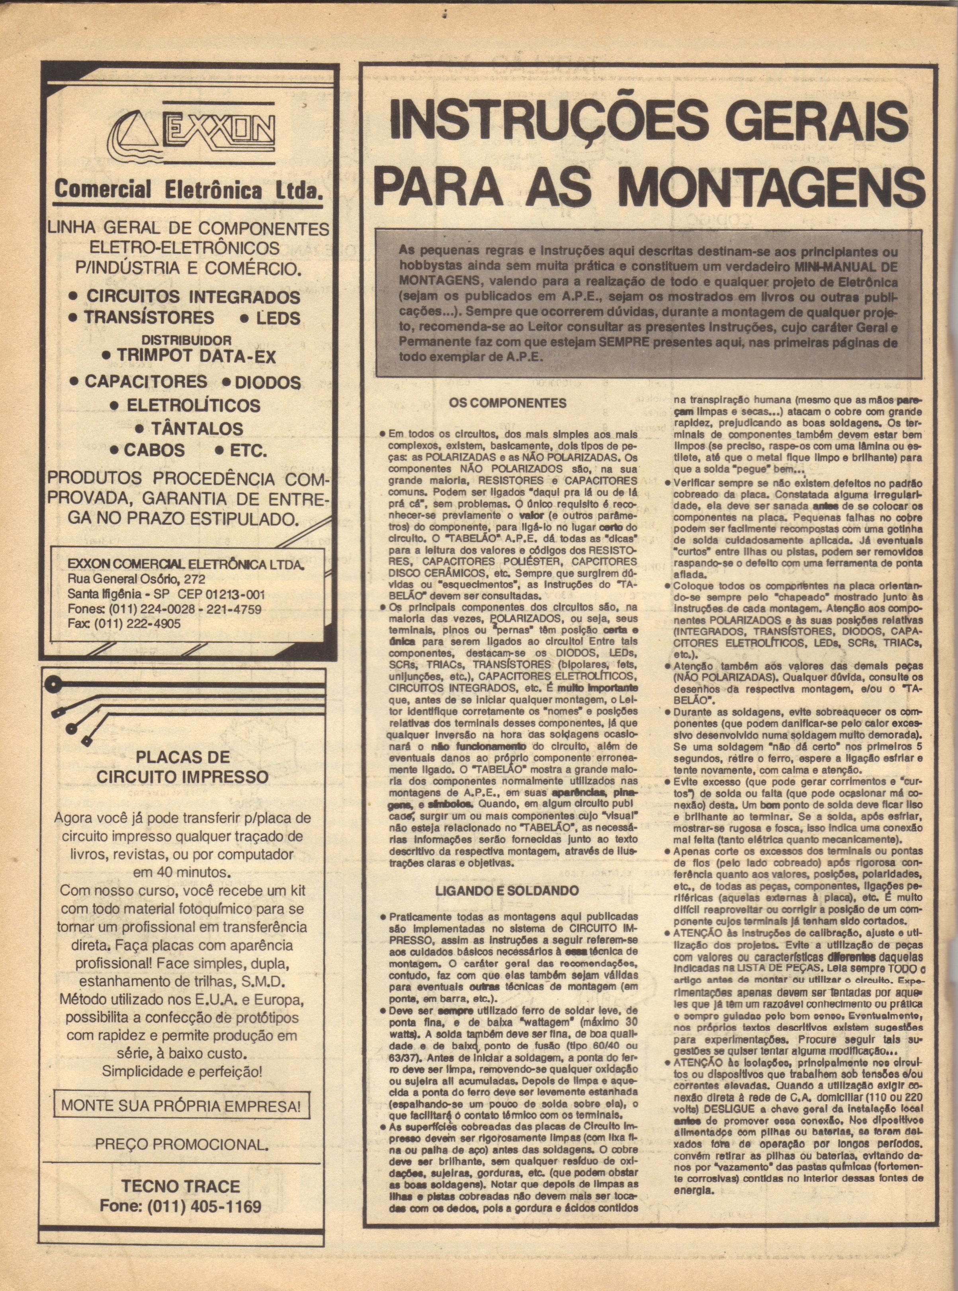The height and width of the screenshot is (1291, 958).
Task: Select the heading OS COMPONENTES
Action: (508, 403)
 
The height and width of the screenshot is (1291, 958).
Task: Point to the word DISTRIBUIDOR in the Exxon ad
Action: (187, 339)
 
